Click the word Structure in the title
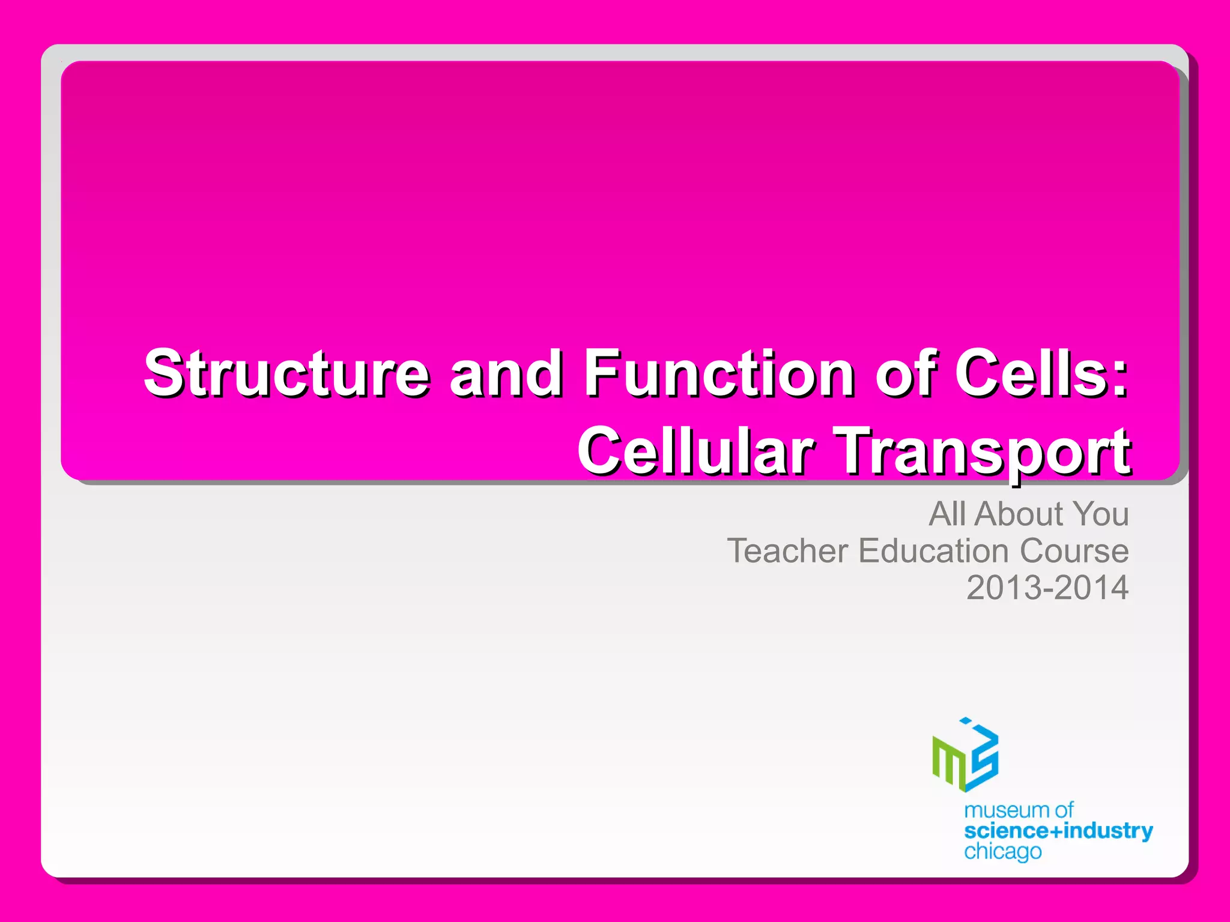[x=287, y=373]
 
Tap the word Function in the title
[x=719, y=373]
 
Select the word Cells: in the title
[x=1041, y=373]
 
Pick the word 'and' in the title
[x=506, y=373]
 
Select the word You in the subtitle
[x=1100, y=514]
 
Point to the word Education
[x=933, y=551]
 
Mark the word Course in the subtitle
[x=1074, y=551]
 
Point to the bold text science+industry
[x=1058, y=831]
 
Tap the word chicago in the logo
[x=1002, y=852]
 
